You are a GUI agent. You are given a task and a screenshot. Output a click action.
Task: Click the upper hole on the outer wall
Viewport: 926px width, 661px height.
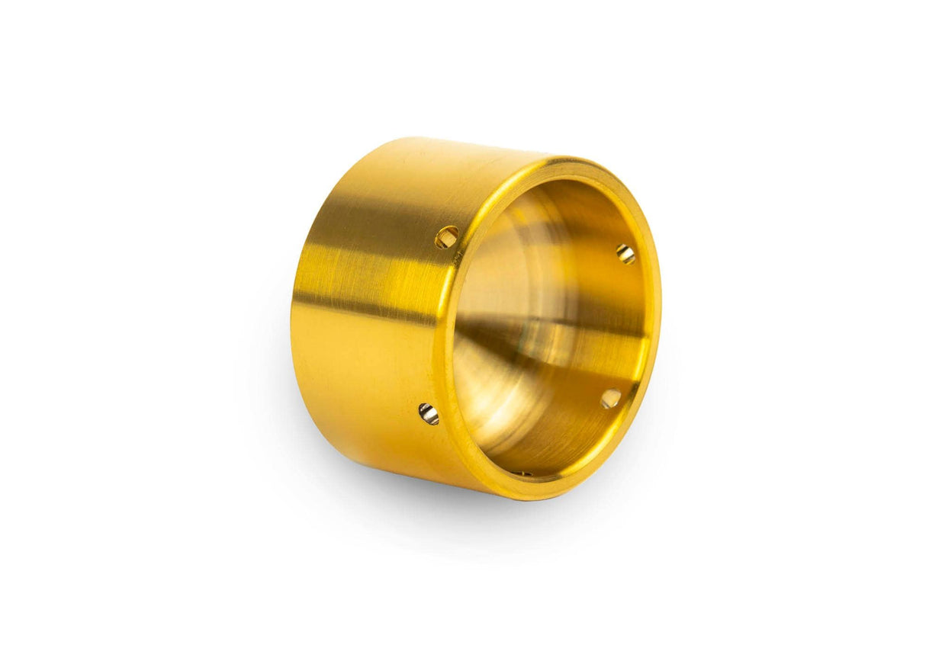pyautogui.click(x=447, y=237)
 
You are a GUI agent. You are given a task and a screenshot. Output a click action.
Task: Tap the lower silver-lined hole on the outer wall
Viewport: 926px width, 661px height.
pyautogui.click(x=429, y=414)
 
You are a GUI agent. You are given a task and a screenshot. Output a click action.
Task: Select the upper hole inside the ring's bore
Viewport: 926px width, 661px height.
pyautogui.click(x=625, y=254)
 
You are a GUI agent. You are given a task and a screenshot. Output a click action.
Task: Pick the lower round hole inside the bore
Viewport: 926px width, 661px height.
pyautogui.click(x=610, y=398)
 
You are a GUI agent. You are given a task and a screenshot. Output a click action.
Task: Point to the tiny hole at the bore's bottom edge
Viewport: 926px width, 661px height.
pyautogui.click(x=522, y=473)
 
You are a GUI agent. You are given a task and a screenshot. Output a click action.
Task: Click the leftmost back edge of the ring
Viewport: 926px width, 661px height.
pyautogui.click(x=292, y=320)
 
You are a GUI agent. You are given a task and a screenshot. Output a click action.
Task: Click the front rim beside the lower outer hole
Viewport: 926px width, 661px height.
pyautogui.click(x=445, y=419)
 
